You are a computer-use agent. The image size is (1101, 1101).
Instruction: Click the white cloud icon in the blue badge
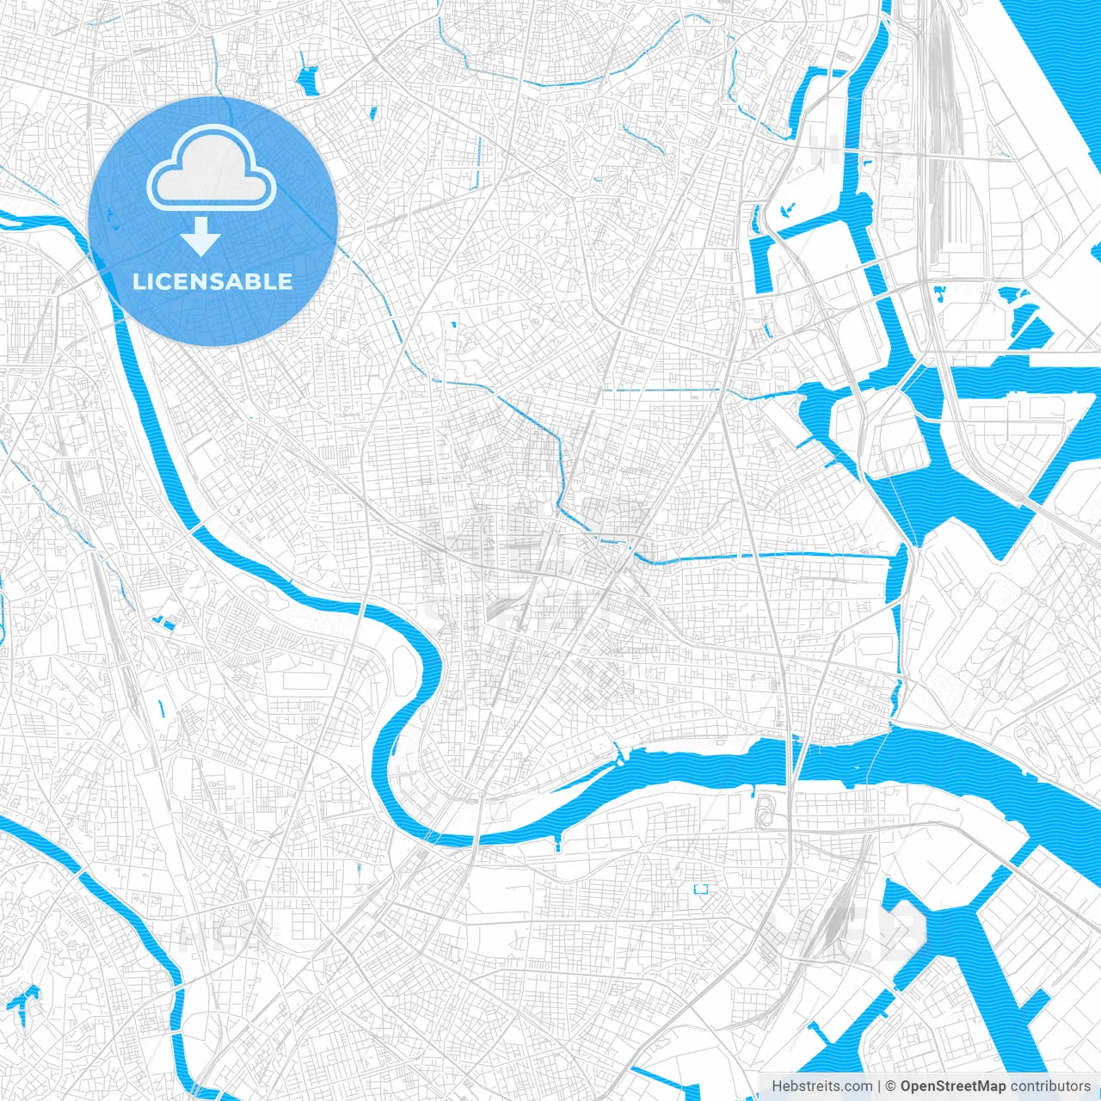tap(212, 170)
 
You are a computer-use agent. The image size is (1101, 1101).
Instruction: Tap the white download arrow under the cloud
tap(201, 237)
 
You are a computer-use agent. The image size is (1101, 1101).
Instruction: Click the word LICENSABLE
tap(212, 281)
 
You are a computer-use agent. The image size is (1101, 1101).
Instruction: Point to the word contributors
tap(1050, 1086)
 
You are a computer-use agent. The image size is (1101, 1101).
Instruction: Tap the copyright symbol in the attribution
tap(891, 1086)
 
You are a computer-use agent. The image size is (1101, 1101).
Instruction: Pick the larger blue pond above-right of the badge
tap(307, 80)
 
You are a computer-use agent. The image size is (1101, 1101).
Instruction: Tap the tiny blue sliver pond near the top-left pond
tap(372, 113)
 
